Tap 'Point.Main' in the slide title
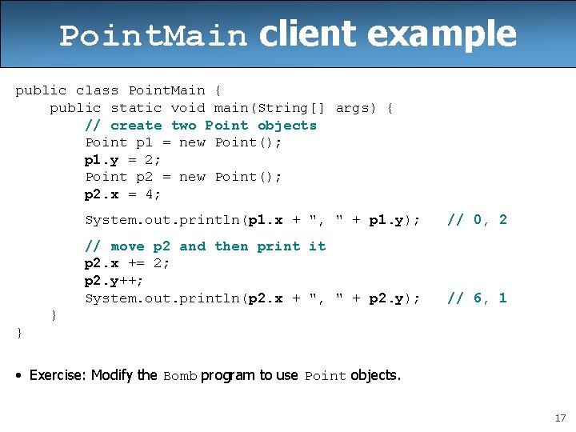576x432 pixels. tap(154, 36)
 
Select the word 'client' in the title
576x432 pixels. tap(307, 34)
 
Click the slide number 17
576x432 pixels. tap(559, 417)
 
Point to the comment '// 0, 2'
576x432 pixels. tap(477, 220)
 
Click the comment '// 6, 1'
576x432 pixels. tap(477, 298)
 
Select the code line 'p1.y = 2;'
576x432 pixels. tap(123, 159)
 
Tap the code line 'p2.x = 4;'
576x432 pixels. tap(123, 194)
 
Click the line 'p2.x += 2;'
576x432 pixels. tap(127, 264)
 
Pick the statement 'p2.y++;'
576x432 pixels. tap(114, 281)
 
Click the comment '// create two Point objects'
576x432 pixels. tap(201, 126)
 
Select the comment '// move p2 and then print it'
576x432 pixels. tap(206, 246)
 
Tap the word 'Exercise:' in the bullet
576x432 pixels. tap(58, 375)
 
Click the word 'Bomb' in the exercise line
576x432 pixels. tap(180, 376)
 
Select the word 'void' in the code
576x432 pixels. tap(188, 108)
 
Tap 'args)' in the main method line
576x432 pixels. tap(356, 108)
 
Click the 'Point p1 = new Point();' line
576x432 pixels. tap(183, 142)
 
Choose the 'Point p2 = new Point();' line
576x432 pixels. tap(183, 177)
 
